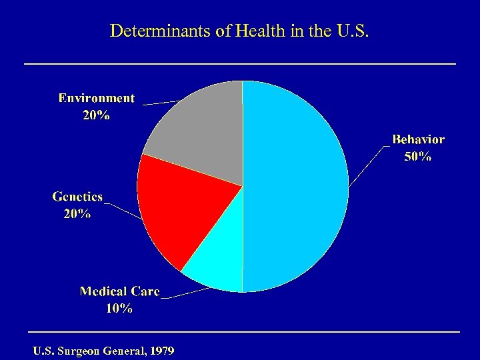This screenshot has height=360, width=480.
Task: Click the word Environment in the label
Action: coord(97,98)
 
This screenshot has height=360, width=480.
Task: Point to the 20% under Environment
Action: coord(97,115)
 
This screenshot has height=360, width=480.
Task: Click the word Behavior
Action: coord(418,139)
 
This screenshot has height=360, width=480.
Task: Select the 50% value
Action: coord(418,157)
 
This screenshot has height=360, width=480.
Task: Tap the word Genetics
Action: coord(78,197)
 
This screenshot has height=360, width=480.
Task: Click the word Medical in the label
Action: coord(103,291)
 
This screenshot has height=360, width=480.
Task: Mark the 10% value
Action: coord(119,309)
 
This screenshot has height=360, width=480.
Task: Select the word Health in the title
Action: coord(249,31)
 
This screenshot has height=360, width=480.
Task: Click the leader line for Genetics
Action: coord(123,210)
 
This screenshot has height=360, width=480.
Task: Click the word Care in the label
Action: coord(145,291)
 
